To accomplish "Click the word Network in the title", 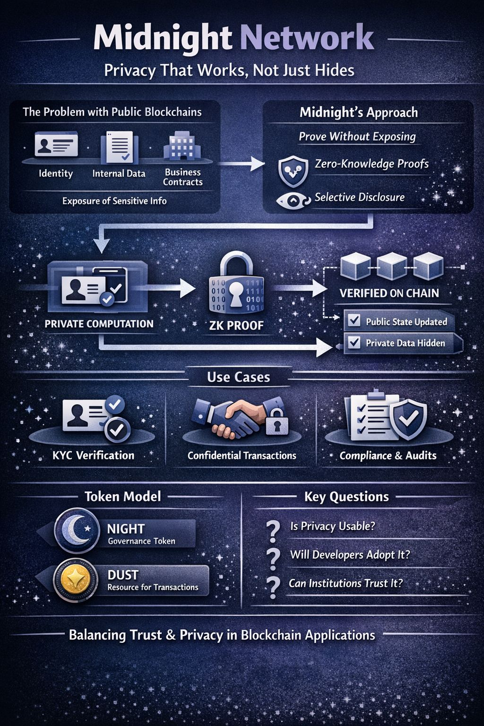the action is click(x=307, y=39).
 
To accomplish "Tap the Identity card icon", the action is click(x=56, y=145).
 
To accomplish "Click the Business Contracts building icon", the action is click(x=182, y=147).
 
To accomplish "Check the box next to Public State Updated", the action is click(x=354, y=321).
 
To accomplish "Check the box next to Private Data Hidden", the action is click(x=354, y=342).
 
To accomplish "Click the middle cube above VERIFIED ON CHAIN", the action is click(x=392, y=266).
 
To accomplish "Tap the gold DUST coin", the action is click(x=76, y=579).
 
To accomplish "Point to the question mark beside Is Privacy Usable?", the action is click(x=273, y=531).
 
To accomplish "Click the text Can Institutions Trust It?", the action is click(x=346, y=583).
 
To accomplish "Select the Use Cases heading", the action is click(x=238, y=377).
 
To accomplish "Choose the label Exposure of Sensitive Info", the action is click(x=114, y=201).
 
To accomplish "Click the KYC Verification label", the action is click(x=94, y=456).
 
